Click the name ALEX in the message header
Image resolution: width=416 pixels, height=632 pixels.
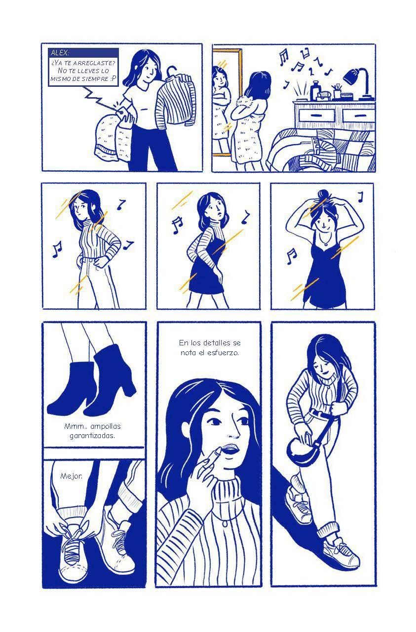[60, 52]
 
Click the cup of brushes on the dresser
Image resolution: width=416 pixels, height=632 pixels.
[337, 91]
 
